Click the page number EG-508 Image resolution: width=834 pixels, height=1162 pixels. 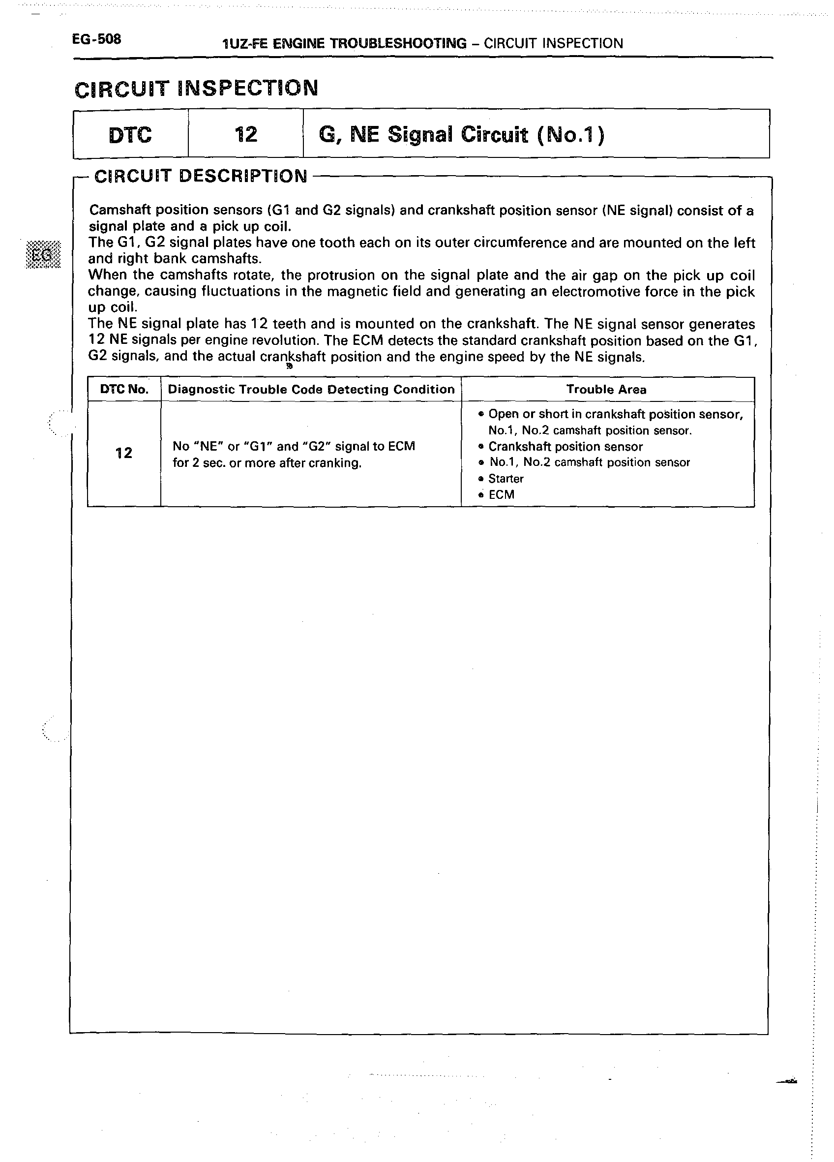[x=96, y=39]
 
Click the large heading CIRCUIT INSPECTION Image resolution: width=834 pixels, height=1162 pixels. [x=196, y=89]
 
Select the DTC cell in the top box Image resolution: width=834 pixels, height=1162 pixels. [x=130, y=135]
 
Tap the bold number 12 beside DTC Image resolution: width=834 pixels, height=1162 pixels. [x=245, y=135]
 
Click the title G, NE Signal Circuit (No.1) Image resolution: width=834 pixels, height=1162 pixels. [x=461, y=135]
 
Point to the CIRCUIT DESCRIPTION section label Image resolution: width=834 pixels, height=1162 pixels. [x=201, y=176]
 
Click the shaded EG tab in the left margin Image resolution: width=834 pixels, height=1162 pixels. [x=42, y=255]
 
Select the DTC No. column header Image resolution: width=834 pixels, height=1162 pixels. [x=124, y=389]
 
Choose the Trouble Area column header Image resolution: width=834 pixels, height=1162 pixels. [x=606, y=389]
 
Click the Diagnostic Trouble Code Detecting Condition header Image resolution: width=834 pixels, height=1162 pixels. [x=311, y=389]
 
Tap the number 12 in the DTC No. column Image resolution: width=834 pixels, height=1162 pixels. [x=124, y=453]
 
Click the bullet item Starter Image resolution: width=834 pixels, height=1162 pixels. [x=506, y=479]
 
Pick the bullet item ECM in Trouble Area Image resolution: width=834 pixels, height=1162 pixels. [x=501, y=494]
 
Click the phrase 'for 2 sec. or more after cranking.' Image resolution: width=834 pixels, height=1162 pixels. [x=267, y=463]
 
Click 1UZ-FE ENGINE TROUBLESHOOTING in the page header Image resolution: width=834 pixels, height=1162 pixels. [x=345, y=44]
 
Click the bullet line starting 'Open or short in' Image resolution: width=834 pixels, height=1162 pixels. [x=615, y=414]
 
